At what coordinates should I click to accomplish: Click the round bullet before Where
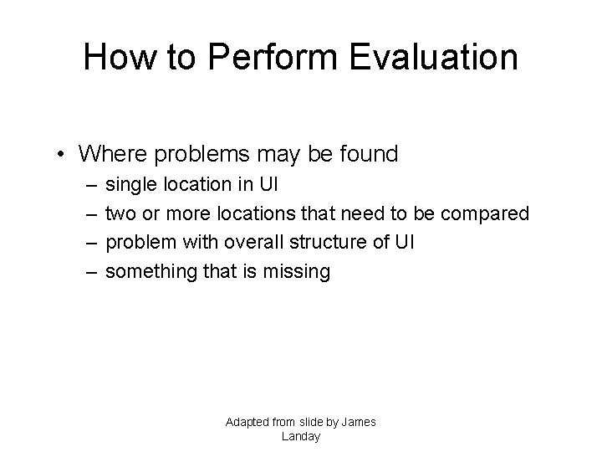click(63, 155)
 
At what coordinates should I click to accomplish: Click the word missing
click(301, 272)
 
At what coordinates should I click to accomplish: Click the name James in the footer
click(358, 422)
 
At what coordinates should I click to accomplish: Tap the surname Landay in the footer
click(301, 436)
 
